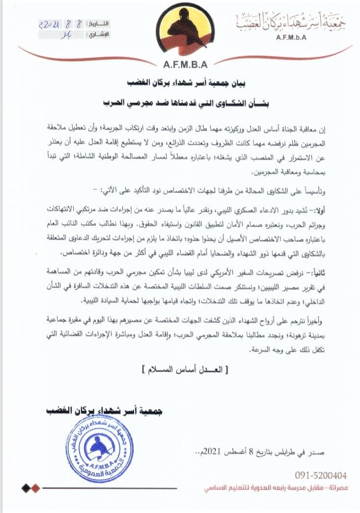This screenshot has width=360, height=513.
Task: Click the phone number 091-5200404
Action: [321, 475]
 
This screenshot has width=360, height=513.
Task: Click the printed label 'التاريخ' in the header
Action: [98, 24]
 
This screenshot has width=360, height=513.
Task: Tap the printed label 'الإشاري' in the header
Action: [98, 35]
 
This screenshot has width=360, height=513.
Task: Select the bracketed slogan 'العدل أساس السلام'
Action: [181, 367]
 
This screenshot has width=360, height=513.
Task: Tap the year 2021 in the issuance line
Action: [230, 451]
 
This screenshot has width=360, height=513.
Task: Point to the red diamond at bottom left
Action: [35, 488]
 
